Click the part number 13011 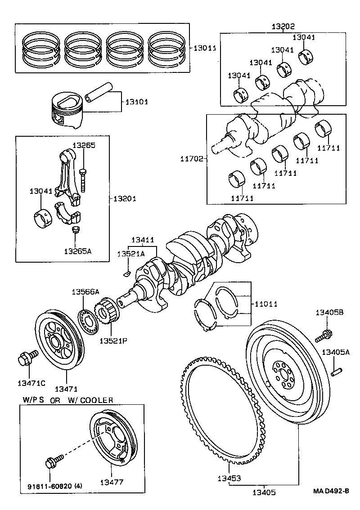click(205, 48)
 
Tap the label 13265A click(77, 251)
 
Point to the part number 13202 click(283, 27)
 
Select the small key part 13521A click(126, 272)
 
